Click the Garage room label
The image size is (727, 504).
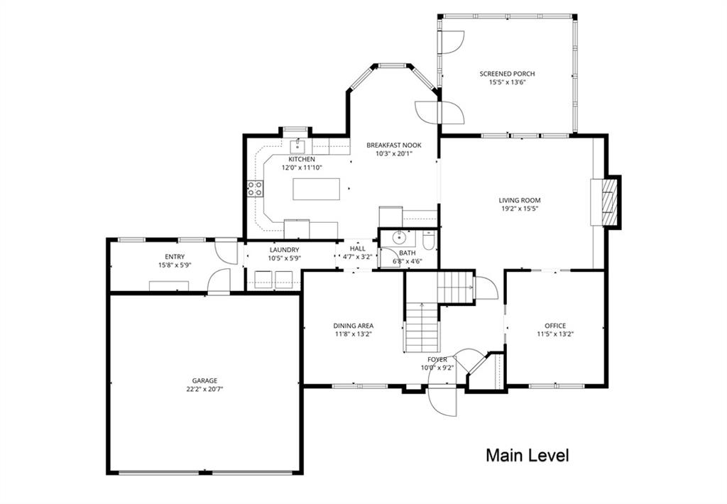205,380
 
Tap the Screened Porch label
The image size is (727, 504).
507,74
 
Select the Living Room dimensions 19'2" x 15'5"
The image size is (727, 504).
519,209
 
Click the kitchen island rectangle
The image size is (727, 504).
316,189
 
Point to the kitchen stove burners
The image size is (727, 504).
255,188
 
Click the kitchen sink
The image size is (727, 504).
297,147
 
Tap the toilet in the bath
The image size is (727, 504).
428,239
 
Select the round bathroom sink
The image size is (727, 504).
399,238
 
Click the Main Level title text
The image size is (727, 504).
528,455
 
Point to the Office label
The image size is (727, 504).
555,326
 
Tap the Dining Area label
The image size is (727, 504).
354,326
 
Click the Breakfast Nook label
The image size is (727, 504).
394,145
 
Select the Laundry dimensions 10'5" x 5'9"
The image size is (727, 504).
285,258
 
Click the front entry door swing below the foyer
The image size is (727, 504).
444,400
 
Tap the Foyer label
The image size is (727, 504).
437,360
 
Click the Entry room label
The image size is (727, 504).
175,257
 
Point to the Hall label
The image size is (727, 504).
358,249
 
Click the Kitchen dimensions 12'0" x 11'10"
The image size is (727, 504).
302,168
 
